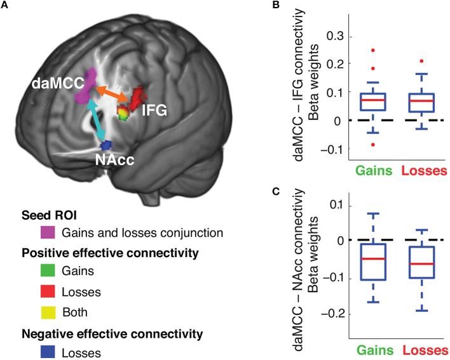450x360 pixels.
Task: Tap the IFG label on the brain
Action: [154, 111]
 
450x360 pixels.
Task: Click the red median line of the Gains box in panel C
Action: [355, 259]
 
